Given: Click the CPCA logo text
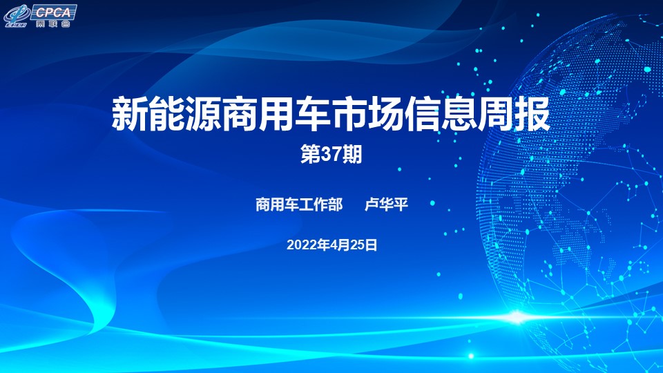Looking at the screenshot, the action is tap(53, 12).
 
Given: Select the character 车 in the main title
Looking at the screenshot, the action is tap(313, 114).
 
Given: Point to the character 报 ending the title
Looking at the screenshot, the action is tap(532, 114).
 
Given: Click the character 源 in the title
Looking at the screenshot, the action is tap(203, 114).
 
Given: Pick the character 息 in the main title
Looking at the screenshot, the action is tap(459, 114).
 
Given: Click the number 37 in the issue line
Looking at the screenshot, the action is tap(331, 154).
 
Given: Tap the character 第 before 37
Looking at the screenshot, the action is tap(311, 154).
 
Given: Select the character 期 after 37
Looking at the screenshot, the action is tap(352, 154).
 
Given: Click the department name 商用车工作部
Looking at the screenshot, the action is tap(299, 204).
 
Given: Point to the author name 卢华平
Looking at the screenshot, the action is tap(387, 204).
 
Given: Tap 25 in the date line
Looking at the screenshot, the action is tap(356, 245).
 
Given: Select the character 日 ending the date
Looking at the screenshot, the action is tap(371, 245).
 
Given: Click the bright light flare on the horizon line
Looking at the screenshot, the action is tap(517, 317).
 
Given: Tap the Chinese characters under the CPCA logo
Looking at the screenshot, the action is tap(53, 23).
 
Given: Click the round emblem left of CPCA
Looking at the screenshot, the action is tap(16, 15).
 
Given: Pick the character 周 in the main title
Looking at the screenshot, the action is tap(496, 114).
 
